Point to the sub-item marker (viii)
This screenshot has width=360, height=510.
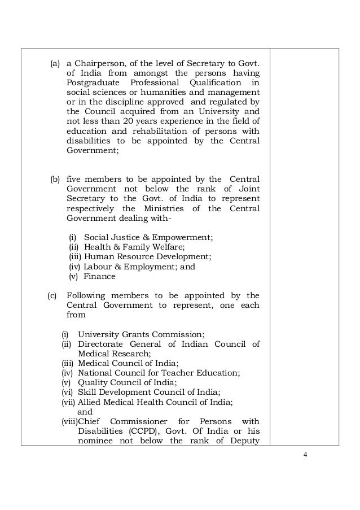click(69, 422)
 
